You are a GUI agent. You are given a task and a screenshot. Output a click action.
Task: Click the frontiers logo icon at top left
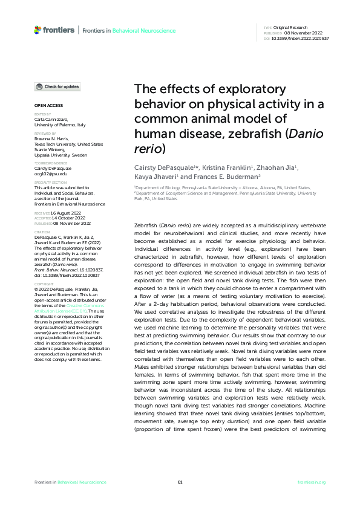38,30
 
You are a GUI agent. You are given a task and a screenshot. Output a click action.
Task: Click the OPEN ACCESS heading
47,105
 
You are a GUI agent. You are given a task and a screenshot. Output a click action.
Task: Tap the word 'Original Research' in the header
292,28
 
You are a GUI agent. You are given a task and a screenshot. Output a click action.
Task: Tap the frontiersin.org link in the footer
312,482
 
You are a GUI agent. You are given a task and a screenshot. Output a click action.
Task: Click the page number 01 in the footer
180,482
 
